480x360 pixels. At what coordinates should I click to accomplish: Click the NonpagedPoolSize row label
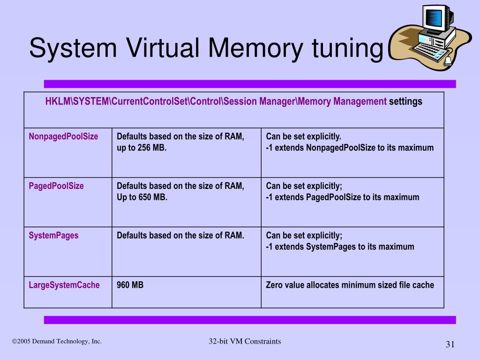(x=63, y=136)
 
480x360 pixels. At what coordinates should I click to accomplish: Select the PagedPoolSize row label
(x=56, y=186)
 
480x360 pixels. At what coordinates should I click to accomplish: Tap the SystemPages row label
(x=53, y=235)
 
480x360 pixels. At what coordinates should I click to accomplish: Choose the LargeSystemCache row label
(x=64, y=285)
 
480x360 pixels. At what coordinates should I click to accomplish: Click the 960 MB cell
(x=130, y=285)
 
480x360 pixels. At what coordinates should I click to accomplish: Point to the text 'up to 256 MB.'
(x=142, y=148)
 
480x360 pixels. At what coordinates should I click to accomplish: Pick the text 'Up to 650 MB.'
(x=142, y=197)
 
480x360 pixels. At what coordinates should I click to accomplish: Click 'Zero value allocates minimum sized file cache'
(x=350, y=285)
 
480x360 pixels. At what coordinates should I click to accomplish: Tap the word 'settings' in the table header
(x=405, y=101)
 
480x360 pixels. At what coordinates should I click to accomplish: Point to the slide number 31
(x=450, y=345)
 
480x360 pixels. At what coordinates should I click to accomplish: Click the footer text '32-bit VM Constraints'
(x=245, y=341)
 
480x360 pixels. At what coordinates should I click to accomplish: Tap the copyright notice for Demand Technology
(x=57, y=341)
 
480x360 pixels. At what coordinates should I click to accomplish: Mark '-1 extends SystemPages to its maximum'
(x=340, y=247)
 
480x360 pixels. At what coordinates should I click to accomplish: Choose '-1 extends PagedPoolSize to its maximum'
(x=342, y=197)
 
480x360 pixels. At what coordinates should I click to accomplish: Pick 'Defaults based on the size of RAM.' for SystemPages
(x=180, y=235)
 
